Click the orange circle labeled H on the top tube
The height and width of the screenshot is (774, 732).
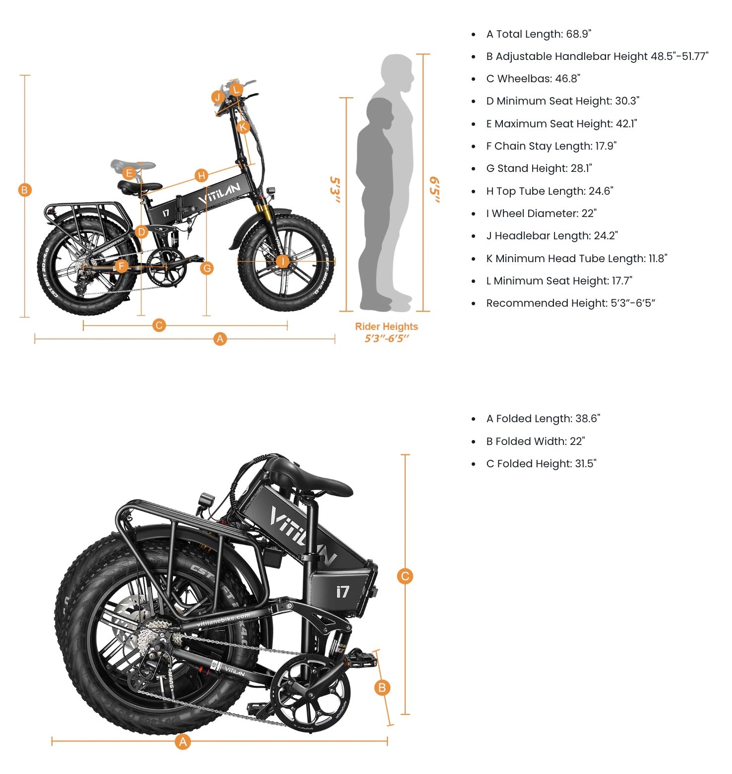tap(201, 175)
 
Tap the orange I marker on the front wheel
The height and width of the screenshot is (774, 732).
tap(283, 261)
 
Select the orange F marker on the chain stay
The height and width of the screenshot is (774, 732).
tap(122, 266)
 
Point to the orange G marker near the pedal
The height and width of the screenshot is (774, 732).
tap(207, 268)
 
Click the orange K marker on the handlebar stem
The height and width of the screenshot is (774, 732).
tap(243, 127)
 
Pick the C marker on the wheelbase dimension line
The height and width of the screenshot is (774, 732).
tap(159, 326)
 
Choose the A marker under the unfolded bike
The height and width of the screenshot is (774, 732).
tap(220, 339)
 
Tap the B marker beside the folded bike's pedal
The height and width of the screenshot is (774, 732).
tap(382, 687)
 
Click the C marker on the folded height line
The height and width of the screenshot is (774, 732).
tap(405, 576)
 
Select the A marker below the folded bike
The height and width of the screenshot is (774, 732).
tap(183, 742)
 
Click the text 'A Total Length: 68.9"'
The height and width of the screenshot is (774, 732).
tap(539, 34)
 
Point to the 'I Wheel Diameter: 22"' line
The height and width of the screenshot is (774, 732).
tap(541, 214)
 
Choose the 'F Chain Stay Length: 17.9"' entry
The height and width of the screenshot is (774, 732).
tap(551, 146)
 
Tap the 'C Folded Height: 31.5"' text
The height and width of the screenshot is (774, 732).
tap(541, 464)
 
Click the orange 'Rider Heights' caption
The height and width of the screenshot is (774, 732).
tap(386, 327)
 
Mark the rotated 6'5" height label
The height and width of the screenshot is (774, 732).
tap(434, 189)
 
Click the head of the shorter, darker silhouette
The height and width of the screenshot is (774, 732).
tap(380, 113)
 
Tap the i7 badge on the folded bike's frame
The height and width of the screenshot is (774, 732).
tap(342, 591)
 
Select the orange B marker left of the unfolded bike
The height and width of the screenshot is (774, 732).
tap(24, 190)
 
